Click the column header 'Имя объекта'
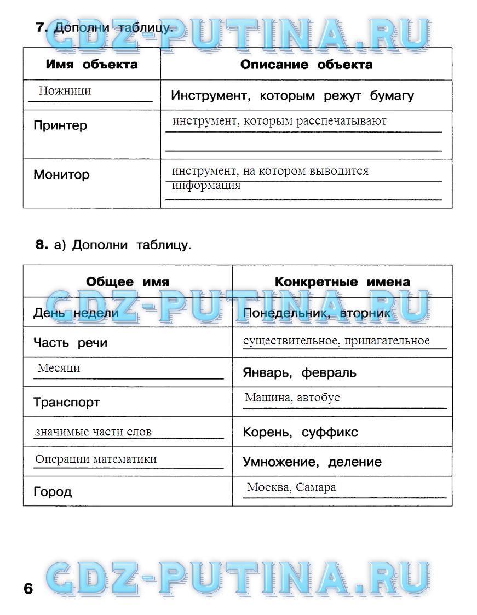91,65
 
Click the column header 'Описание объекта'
306,65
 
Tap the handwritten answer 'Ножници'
65,91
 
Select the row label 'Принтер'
60,125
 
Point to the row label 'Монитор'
61,175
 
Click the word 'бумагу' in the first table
392,96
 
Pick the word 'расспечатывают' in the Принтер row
341,121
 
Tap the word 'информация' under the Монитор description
206,185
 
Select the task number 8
42,245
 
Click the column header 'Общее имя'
128,282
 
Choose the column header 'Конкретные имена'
342,282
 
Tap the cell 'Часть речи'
70,343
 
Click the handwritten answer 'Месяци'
59,368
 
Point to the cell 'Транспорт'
67,403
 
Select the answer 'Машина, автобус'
292,398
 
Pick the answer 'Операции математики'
96,459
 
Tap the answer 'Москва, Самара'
291,487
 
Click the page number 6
28,589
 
